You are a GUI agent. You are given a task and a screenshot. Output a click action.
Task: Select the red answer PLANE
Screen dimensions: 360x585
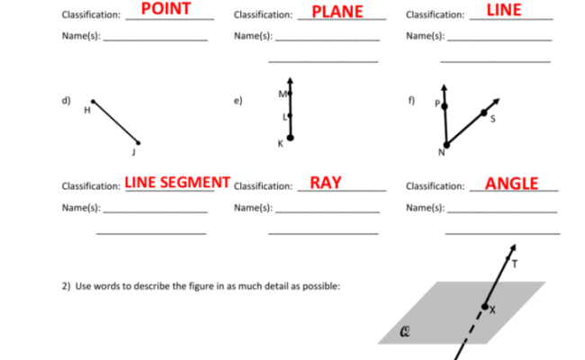coord(337,12)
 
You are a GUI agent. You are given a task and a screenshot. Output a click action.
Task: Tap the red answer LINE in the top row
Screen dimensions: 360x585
coord(504,10)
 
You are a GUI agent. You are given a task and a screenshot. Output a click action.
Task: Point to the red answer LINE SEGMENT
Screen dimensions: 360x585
coord(177,182)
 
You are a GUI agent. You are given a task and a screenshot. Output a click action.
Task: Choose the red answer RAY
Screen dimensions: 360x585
coord(325,182)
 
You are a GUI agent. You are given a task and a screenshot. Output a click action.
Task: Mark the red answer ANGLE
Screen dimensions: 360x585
coord(511,184)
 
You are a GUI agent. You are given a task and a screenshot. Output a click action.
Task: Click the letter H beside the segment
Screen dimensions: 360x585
coord(87,111)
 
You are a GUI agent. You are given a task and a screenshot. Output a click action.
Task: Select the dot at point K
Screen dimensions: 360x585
coord(290,138)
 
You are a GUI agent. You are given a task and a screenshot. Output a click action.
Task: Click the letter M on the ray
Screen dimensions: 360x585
coord(282,94)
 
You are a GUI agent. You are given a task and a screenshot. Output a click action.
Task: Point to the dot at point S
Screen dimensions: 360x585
coord(484,112)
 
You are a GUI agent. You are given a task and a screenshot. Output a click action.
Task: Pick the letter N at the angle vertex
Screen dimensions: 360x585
coord(441,152)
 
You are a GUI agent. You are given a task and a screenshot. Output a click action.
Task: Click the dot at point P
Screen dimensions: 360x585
coord(444,106)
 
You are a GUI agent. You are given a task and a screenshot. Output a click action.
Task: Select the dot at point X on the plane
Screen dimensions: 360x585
coord(485,307)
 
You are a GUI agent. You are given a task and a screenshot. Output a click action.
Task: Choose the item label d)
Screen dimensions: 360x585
coord(66,100)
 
